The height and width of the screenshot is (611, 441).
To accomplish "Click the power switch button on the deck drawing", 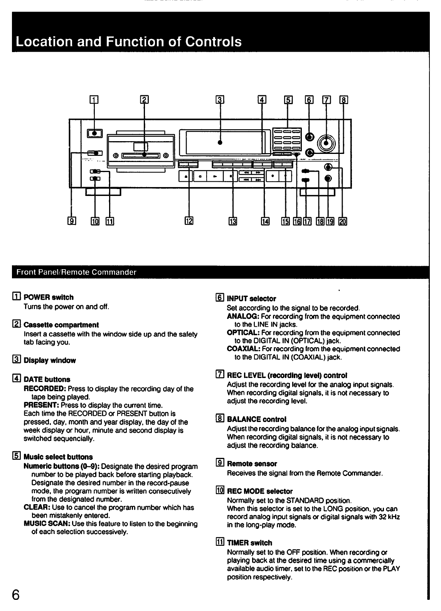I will point(95,133).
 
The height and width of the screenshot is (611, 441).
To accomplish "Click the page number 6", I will point(16,594).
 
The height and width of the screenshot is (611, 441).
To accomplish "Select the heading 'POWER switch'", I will point(48,297).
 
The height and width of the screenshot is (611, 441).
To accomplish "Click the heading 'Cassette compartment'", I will point(61,325).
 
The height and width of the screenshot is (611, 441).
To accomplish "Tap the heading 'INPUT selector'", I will point(251,299).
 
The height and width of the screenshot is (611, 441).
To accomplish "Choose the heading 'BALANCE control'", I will point(256,419).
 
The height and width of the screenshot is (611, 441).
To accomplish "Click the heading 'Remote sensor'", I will point(252,464).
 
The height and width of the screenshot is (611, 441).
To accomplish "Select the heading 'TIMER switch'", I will point(249,543).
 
